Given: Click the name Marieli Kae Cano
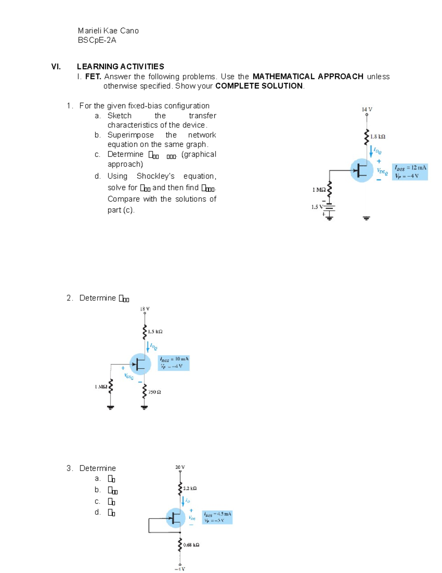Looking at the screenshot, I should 108,31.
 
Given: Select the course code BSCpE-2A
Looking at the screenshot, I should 97,40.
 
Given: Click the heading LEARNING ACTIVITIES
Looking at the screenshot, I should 120,66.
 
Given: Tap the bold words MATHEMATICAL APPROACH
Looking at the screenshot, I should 308,76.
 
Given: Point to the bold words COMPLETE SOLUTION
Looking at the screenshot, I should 259,86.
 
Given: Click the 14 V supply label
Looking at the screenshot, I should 367,109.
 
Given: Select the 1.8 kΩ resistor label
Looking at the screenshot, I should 378,137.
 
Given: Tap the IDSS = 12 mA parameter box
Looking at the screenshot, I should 410,172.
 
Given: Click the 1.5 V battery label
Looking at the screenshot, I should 316,207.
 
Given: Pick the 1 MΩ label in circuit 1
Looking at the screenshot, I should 319,190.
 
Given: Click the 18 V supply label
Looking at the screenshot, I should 145,309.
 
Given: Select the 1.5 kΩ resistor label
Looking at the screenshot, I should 155,331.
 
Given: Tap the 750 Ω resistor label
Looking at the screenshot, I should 154,392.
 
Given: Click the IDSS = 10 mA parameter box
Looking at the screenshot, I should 173,362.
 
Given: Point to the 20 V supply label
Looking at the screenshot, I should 180,467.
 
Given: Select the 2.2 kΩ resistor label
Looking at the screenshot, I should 190,488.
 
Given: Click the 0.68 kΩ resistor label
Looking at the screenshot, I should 191,545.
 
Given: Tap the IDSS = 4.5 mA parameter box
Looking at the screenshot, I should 217,517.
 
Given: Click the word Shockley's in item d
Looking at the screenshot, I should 155,176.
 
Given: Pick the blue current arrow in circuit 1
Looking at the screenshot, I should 371,151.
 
